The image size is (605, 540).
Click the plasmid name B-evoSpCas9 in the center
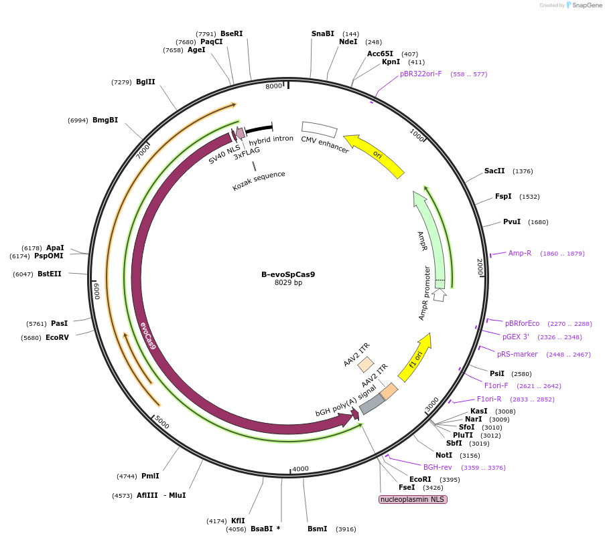click(x=288, y=274)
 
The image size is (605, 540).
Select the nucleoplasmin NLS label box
click(x=413, y=499)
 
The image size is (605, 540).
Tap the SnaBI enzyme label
click(x=322, y=33)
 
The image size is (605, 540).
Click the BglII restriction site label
click(x=145, y=82)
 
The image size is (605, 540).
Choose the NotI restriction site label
click(x=444, y=455)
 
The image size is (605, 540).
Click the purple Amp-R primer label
click(x=519, y=253)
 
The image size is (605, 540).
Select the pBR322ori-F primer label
click(x=421, y=74)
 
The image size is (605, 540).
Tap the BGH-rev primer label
click(x=438, y=467)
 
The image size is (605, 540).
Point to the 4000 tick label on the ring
click(x=300, y=469)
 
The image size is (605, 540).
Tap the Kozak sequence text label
click(x=259, y=180)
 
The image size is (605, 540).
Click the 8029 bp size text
click(x=288, y=283)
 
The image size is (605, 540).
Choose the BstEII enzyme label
click(x=49, y=274)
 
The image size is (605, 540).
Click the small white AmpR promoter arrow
click(x=440, y=294)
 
